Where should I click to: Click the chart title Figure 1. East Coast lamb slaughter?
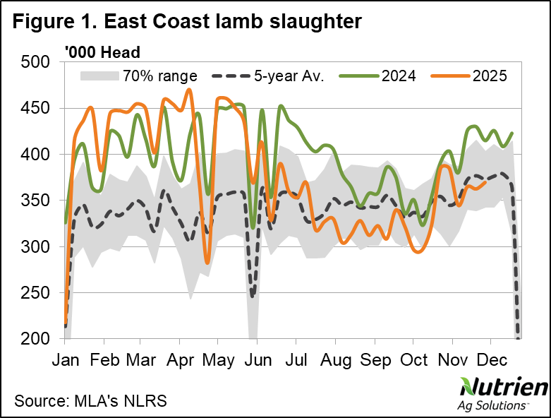click(x=188, y=21)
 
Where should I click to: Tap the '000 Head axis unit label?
click(x=102, y=52)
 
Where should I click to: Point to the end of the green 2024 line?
click(x=511, y=133)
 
